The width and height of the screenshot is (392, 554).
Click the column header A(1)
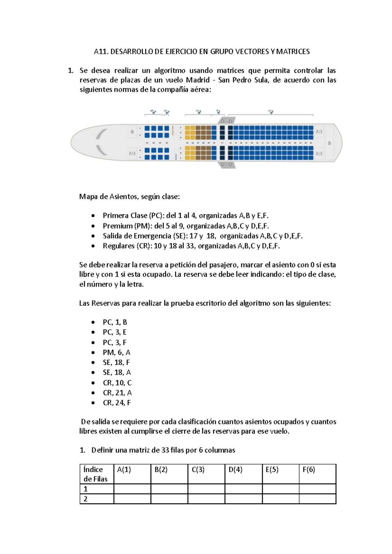pyautogui.click(x=124, y=469)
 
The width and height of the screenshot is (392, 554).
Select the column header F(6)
pyautogui.click(x=309, y=469)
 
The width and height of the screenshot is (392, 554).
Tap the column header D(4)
pyautogui.click(x=235, y=469)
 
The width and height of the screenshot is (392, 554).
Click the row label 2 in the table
pyautogui.click(x=86, y=499)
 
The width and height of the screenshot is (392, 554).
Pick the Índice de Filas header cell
pyautogui.click(x=95, y=474)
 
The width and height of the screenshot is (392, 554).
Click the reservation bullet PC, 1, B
pyautogui.click(x=115, y=322)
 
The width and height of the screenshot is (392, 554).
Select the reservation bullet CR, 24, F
pyautogui.click(x=117, y=403)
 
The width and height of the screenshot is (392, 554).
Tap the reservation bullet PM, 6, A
pyautogui.click(x=116, y=352)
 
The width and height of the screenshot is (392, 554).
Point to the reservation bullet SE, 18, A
pyautogui.click(x=117, y=372)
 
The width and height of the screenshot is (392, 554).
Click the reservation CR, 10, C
pyautogui.click(x=117, y=383)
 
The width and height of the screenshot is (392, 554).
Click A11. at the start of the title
pyautogui.click(x=101, y=52)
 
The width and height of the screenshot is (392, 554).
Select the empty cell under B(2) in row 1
pyautogui.click(x=169, y=489)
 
